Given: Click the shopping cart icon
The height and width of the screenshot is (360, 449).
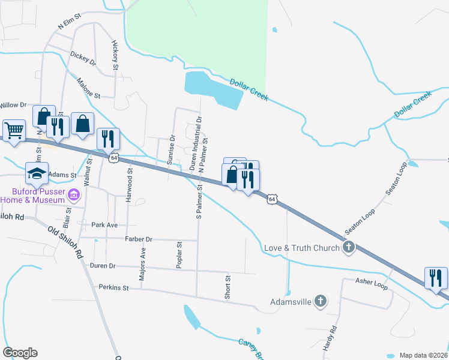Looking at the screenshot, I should click(14, 130).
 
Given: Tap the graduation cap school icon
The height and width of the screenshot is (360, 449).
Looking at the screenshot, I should click(37, 173).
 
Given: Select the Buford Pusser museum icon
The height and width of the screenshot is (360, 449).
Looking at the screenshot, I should click(74, 195).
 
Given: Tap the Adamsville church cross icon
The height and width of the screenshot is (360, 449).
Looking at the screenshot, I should click(321, 301).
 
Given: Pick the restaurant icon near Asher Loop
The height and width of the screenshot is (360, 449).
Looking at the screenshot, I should click(436, 278).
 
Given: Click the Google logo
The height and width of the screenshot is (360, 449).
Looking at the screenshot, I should click(20, 353).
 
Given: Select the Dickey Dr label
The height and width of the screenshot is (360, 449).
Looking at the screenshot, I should click(83, 58).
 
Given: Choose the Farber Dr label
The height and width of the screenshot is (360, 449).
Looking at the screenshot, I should click(139, 239).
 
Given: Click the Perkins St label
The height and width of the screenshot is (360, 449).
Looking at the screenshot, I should click(114, 287).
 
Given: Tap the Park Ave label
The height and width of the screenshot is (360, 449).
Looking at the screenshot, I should click(106, 225).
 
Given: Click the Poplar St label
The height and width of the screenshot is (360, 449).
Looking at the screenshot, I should click(179, 254).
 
